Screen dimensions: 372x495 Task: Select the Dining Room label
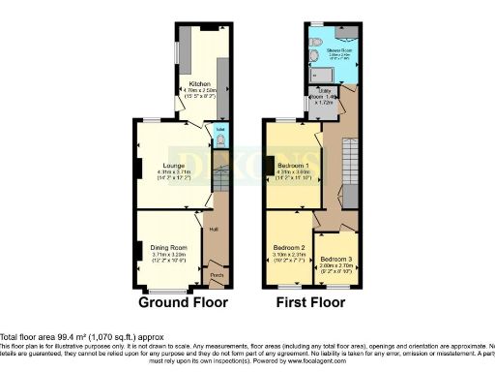[170, 247]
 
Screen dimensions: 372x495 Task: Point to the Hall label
[213, 230]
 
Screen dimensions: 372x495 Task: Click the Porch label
[217, 275]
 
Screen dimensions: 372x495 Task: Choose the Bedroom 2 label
[289, 248]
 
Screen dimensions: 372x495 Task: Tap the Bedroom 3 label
[338, 259]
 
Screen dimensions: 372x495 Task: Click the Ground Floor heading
[184, 302]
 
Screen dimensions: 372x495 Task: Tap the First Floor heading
[312, 302]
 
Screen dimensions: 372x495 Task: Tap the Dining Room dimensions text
[170, 255]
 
